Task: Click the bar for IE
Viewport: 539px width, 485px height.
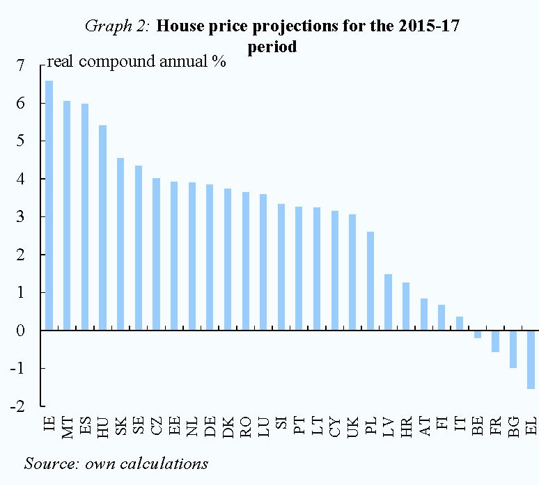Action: point(49,205)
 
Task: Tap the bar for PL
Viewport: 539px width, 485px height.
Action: point(370,281)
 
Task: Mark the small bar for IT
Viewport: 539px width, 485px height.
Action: point(460,324)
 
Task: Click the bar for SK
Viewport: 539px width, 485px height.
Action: point(120,244)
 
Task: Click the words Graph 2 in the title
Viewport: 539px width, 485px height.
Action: point(117,27)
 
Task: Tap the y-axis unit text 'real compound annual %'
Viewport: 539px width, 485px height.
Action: point(136,62)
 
